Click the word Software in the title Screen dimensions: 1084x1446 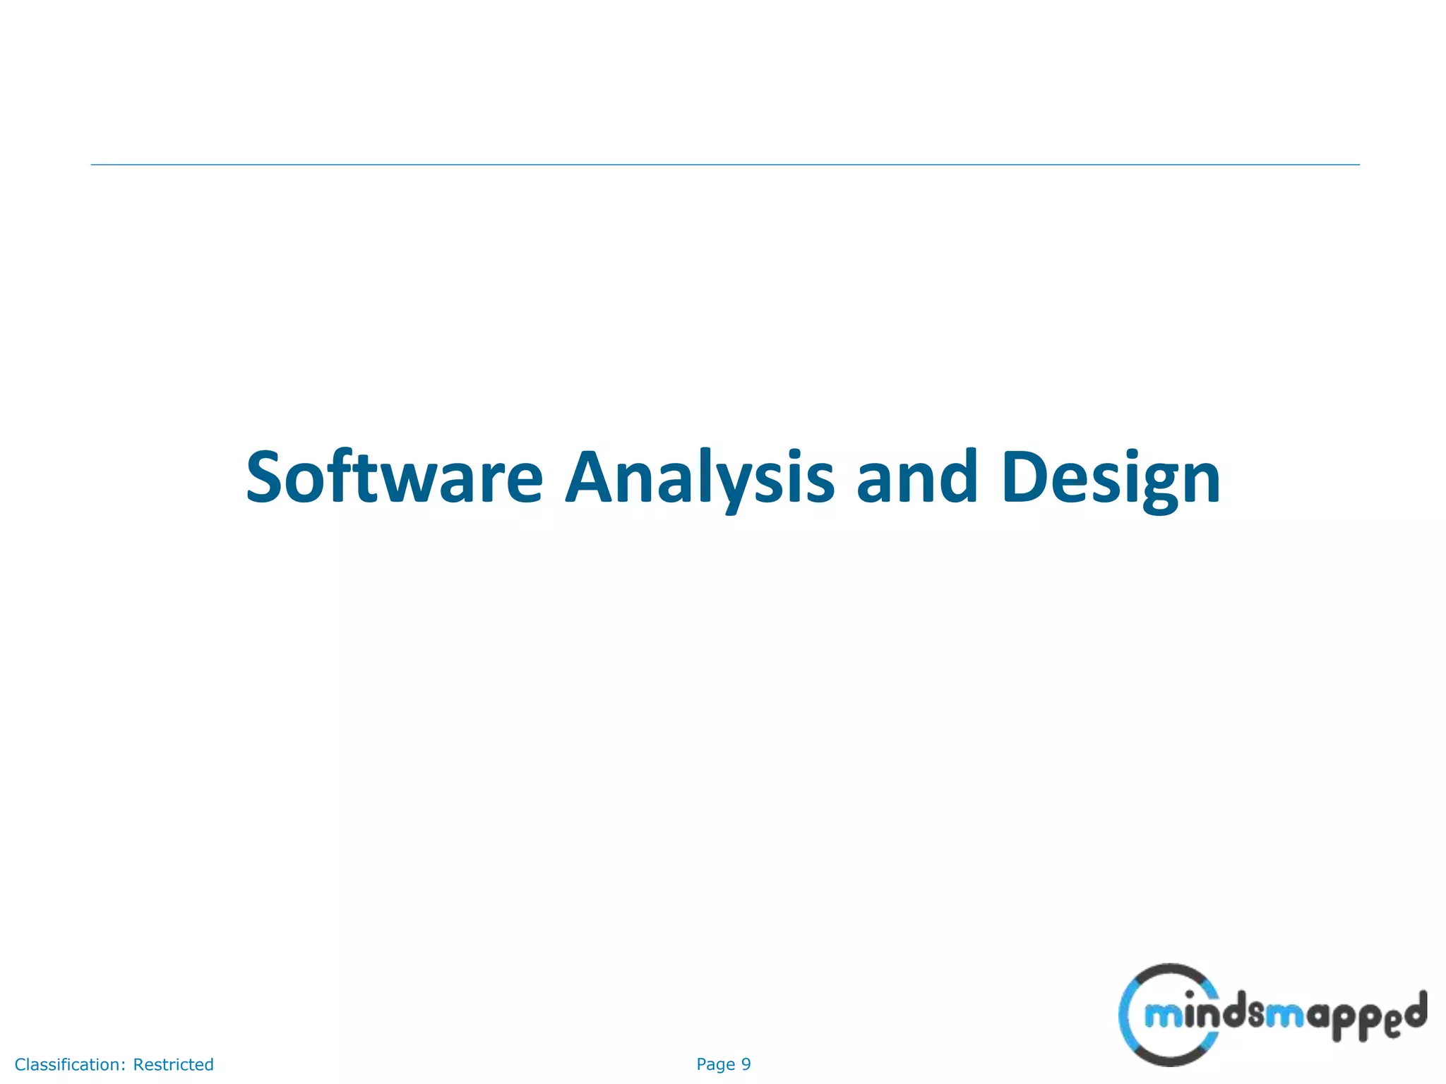tap(394, 478)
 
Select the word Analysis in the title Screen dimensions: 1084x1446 tap(700, 478)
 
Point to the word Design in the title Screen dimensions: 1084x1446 tap(1111, 478)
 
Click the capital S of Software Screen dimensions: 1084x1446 tap(269, 478)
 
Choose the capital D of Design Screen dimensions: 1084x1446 tap(1027, 478)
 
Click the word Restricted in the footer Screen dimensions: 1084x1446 tap(173, 1064)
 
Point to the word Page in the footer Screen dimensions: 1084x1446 tap(715, 1064)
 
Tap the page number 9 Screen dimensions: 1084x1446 tap(746, 1064)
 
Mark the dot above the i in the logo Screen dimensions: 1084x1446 tap(1189, 995)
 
